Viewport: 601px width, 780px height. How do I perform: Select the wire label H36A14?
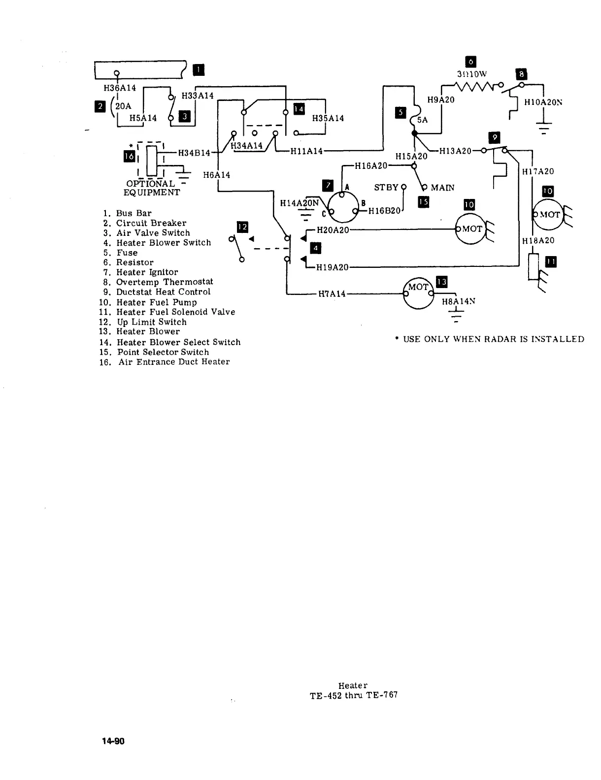120,88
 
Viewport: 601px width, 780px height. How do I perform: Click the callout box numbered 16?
130,157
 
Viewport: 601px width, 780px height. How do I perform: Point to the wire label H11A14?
306,151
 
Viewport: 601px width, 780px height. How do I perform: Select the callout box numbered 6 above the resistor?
470,62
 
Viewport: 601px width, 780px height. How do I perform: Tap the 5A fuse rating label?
423,120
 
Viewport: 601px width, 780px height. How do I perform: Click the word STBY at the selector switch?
386,188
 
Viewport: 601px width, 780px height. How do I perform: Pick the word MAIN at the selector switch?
442,188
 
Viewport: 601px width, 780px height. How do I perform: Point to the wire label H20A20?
333,229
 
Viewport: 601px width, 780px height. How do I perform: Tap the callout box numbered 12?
242,227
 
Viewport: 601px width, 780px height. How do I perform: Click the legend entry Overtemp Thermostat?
165,282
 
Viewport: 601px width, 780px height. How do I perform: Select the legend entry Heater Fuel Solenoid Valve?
175,312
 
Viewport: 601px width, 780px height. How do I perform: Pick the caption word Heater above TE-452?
353,685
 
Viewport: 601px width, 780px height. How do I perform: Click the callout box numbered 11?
551,262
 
